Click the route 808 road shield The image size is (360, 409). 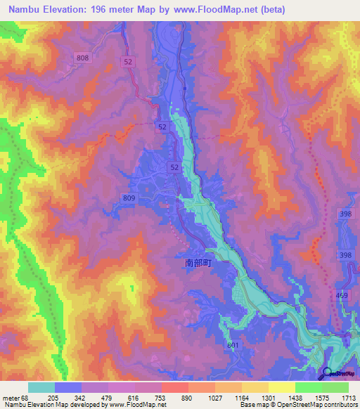[84, 57]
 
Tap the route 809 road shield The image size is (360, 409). [128, 199]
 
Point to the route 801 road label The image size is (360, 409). [233, 345]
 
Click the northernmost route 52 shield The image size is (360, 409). [129, 62]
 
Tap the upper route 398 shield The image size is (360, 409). [345, 213]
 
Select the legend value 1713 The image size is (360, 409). [349, 398]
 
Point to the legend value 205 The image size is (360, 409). [54, 398]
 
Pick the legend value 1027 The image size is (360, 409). [214, 398]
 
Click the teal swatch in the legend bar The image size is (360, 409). [41, 387]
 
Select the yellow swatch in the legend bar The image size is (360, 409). [255, 387]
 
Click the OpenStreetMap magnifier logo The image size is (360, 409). [327, 374]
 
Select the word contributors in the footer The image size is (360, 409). [337, 405]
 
